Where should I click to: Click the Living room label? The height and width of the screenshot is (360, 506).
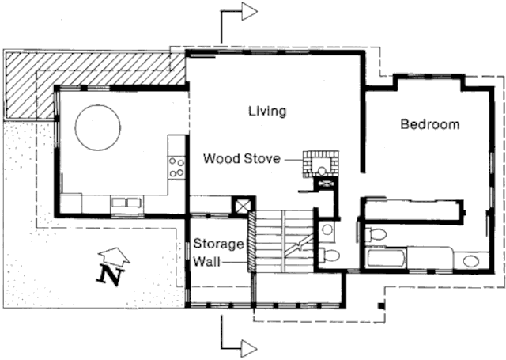[267, 111]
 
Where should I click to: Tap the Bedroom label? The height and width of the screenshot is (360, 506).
[430, 124]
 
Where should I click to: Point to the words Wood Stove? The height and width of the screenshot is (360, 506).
[242, 158]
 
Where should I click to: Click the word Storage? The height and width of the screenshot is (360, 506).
[218, 244]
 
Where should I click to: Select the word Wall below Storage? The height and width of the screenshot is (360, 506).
[206, 261]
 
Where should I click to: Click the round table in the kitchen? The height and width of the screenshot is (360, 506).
[98, 127]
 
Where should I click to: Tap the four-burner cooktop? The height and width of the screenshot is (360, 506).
[176, 167]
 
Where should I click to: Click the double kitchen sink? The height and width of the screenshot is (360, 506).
[126, 203]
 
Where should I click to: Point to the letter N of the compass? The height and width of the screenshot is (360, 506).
[110, 275]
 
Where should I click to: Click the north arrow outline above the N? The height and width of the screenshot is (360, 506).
[114, 256]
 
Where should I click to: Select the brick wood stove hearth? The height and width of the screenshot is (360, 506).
[320, 164]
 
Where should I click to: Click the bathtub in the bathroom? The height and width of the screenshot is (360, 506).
[386, 258]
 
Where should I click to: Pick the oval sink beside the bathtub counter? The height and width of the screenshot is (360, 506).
[471, 261]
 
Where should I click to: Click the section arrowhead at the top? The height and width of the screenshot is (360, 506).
[250, 12]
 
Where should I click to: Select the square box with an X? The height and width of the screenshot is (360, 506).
[244, 206]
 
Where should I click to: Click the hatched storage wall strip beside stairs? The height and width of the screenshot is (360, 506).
[251, 241]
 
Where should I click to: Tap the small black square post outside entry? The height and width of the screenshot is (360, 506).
[381, 305]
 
